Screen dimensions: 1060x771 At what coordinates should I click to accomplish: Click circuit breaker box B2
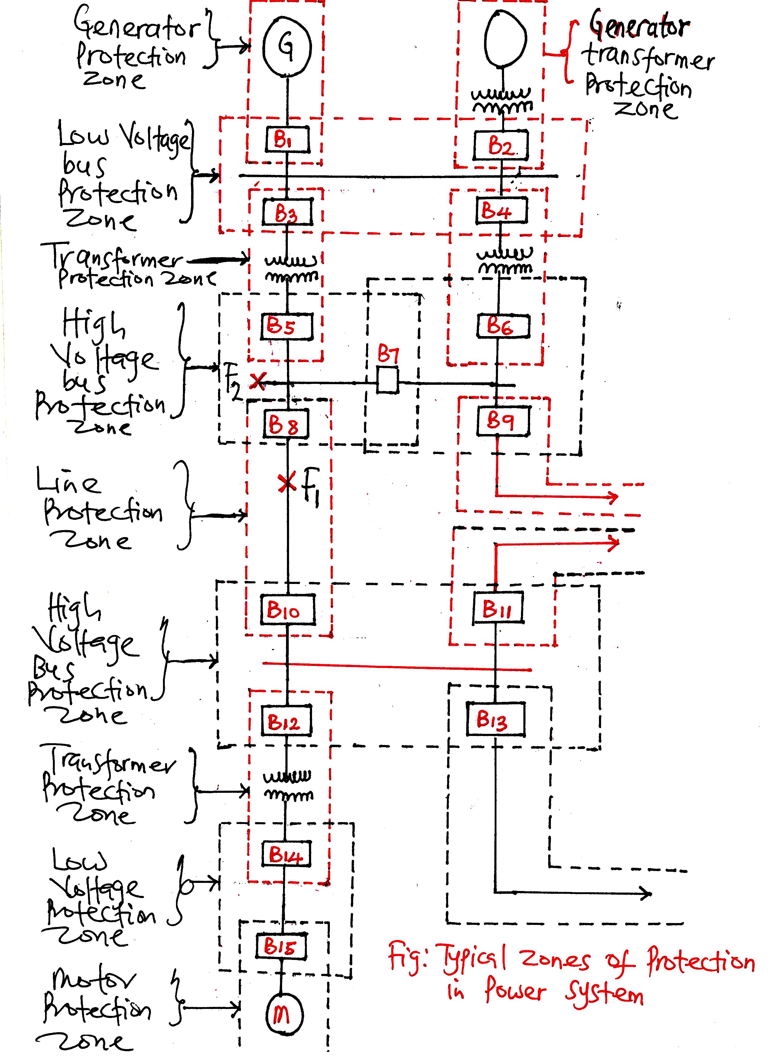[x=501, y=145]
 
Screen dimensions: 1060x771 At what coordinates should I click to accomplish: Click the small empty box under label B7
[x=388, y=380]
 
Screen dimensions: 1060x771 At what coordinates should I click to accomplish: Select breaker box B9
[x=503, y=421]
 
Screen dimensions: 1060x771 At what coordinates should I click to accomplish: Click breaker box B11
[x=497, y=608]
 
